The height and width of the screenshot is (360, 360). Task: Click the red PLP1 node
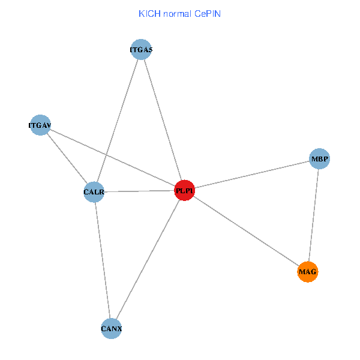pyautogui.click(x=185, y=191)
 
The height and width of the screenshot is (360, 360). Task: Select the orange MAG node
pyautogui.click(x=307, y=272)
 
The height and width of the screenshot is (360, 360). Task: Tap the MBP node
pyautogui.click(x=319, y=159)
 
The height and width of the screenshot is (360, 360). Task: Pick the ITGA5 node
pyautogui.click(x=142, y=50)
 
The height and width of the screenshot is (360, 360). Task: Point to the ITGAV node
pyautogui.click(x=40, y=125)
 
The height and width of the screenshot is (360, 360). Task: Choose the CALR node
pyautogui.click(x=94, y=193)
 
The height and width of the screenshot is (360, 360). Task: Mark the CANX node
pyautogui.click(x=112, y=329)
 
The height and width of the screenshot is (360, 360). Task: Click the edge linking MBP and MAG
pyautogui.click(x=313, y=216)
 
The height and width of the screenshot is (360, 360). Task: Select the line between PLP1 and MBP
pyautogui.click(x=252, y=175)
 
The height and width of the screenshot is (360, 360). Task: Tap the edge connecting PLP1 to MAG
pyautogui.click(x=246, y=232)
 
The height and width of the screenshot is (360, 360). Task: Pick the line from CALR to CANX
pyautogui.click(x=103, y=260)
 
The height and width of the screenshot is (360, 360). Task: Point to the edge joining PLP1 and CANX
pyautogui.click(x=148, y=260)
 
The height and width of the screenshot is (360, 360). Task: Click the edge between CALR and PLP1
pyautogui.click(x=139, y=192)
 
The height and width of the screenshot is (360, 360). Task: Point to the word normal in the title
pyautogui.click(x=178, y=13)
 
